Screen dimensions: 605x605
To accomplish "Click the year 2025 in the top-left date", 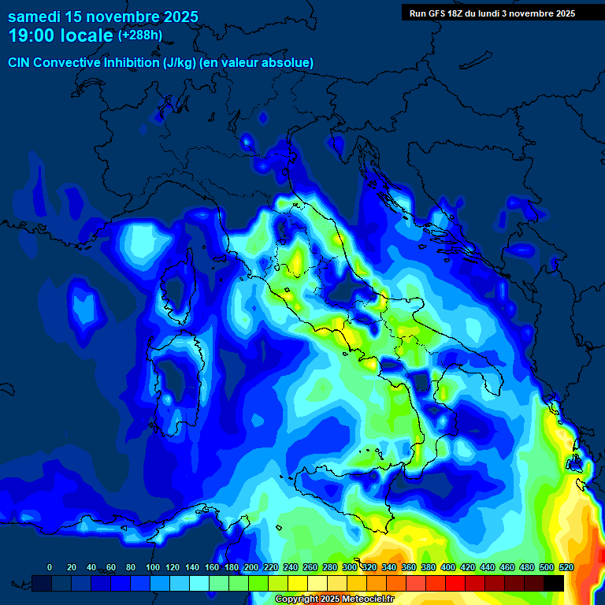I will (x=177, y=17).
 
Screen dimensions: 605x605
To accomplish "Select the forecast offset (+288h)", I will (x=139, y=35).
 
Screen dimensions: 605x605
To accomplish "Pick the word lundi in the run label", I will (x=491, y=13).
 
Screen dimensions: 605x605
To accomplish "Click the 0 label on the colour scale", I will (x=50, y=567).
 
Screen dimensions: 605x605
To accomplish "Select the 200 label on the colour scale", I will (x=251, y=567).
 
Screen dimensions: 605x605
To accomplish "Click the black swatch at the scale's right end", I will (x=554, y=583).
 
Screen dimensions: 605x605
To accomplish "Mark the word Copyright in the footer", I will (x=297, y=599).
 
